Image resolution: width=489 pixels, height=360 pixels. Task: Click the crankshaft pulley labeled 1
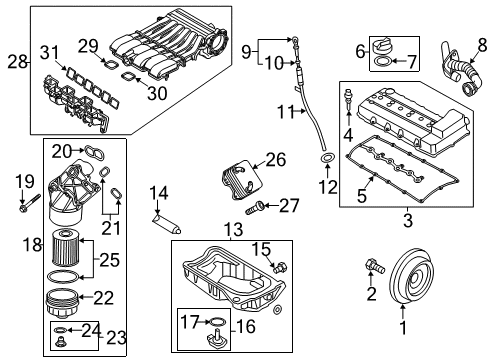tap(411, 276)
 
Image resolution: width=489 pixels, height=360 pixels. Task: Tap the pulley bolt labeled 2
tap(375, 266)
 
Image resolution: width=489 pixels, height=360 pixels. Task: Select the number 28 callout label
tap(18, 62)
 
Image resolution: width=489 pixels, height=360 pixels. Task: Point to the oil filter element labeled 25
tap(66, 247)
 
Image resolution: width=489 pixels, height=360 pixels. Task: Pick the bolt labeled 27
tap(255, 207)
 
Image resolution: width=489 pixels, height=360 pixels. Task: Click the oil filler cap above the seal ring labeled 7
tap(382, 47)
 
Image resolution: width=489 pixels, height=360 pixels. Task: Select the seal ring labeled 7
tap(382, 62)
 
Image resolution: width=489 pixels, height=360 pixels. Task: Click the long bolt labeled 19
tap(30, 203)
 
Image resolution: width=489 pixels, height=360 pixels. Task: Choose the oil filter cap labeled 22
tap(62, 302)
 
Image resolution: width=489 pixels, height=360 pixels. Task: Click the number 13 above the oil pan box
tap(233, 230)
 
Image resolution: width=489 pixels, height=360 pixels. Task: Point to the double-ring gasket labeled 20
tap(95, 152)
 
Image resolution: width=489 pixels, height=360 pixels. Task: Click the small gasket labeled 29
tap(110, 64)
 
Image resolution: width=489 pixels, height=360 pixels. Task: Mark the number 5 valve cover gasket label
tap(362, 195)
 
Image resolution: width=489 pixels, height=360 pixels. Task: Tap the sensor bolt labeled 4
tap(349, 99)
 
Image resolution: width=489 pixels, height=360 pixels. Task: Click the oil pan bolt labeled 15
tap(279, 267)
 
